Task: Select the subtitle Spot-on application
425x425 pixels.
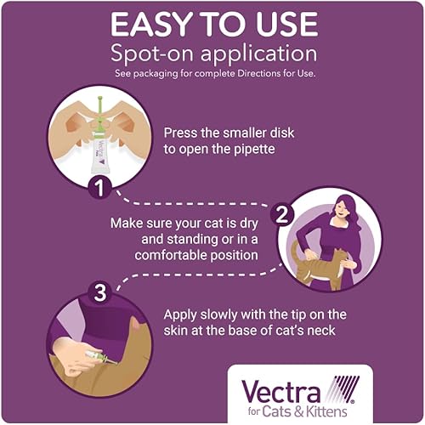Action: (212, 54)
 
